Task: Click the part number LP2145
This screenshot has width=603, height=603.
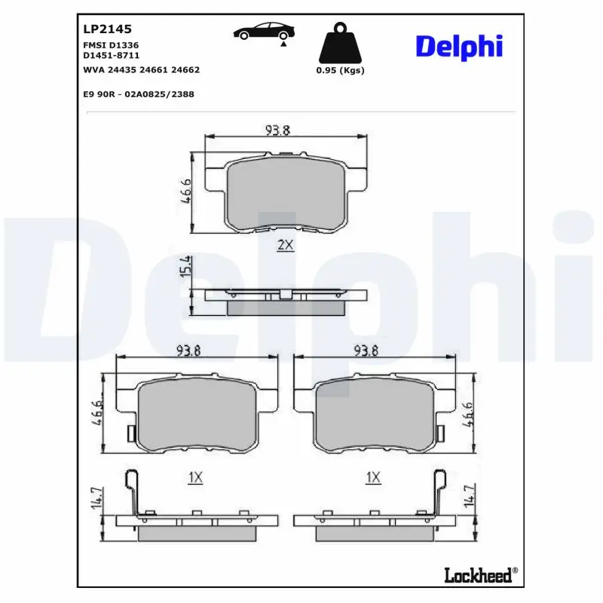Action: click(106, 29)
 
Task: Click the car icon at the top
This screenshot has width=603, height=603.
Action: click(264, 32)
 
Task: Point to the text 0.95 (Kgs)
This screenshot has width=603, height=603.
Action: click(340, 70)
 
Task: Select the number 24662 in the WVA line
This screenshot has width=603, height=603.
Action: click(185, 69)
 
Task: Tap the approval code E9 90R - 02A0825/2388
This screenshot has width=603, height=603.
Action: click(138, 94)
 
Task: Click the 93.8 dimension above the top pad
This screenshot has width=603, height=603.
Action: click(277, 130)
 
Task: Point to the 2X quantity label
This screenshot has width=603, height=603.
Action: click(284, 245)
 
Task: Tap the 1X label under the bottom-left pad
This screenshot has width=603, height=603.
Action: click(195, 477)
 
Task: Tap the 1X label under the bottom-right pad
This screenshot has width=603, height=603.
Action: click(372, 477)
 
